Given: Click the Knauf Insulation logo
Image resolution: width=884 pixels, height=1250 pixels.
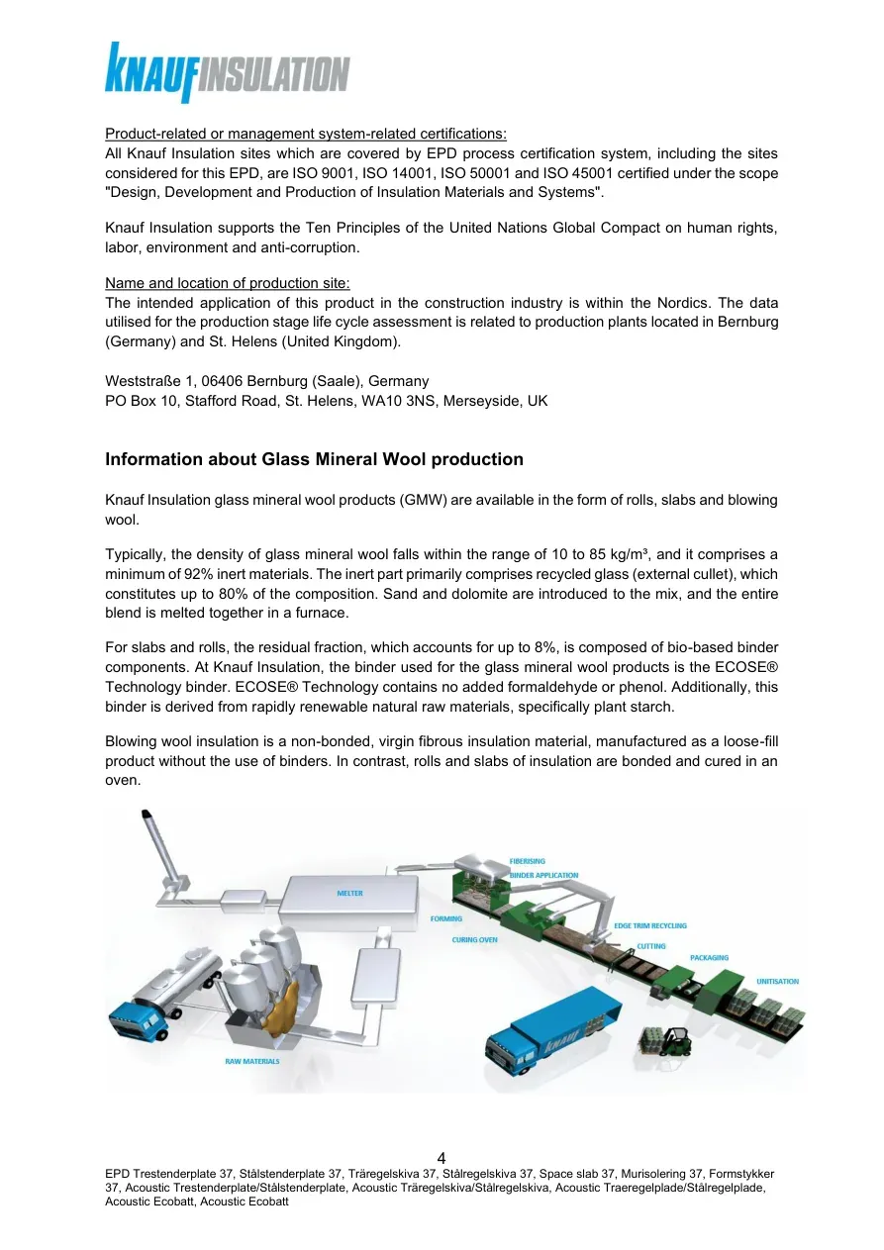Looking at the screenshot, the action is click(x=227, y=73).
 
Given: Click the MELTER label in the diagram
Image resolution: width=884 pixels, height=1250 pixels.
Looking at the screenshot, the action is click(x=349, y=894).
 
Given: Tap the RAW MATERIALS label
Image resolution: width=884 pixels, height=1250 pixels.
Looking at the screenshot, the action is click(x=252, y=1061).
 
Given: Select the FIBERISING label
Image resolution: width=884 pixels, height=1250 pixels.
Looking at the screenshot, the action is click(x=527, y=862).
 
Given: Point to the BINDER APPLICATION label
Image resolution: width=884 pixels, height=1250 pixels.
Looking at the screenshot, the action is click(x=543, y=876).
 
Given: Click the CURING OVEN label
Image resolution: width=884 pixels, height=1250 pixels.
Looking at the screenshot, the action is click(x=474, y=940).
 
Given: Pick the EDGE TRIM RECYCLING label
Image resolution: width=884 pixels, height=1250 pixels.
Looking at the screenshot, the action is click(x=650, y=925).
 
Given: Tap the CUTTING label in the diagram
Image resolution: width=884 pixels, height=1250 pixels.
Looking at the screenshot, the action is click(x=651, y=946).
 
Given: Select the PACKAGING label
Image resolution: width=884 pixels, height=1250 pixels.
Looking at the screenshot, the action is click(x=709, y=958).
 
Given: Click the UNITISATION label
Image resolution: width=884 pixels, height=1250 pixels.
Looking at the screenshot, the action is click(x=777, y=982).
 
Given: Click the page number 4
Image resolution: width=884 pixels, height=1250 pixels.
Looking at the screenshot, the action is click(x=442, y=1158).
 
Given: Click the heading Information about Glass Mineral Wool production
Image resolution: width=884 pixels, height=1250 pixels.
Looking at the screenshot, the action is click(x=314, y=459).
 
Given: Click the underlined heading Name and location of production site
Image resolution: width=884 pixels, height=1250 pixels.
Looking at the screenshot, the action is click(x=228, y=283).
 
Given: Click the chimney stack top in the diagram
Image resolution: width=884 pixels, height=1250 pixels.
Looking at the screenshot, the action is click(x=147, y=815).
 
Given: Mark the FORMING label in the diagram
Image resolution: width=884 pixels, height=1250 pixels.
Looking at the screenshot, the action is click(x=445, y=919).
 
